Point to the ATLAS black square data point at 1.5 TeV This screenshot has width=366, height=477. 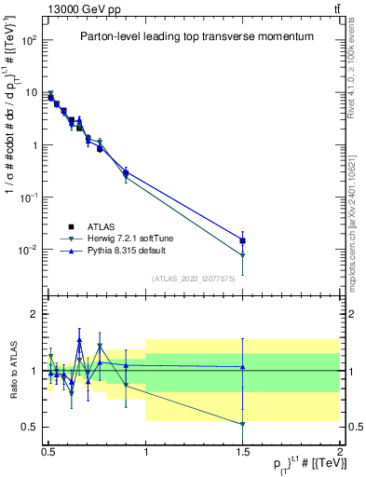(242, 240)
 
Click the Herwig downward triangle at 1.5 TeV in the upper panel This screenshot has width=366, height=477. (242, 255)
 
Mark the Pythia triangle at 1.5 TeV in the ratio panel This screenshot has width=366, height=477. (242, 367)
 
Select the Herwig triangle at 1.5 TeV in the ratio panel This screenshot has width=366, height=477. (242, 424)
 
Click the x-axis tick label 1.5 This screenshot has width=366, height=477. (242, 449)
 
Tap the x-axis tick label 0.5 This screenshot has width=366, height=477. (48, 449)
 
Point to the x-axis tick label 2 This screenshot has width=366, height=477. (339, 449)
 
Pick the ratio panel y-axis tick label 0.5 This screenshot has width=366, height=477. (32, 427)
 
